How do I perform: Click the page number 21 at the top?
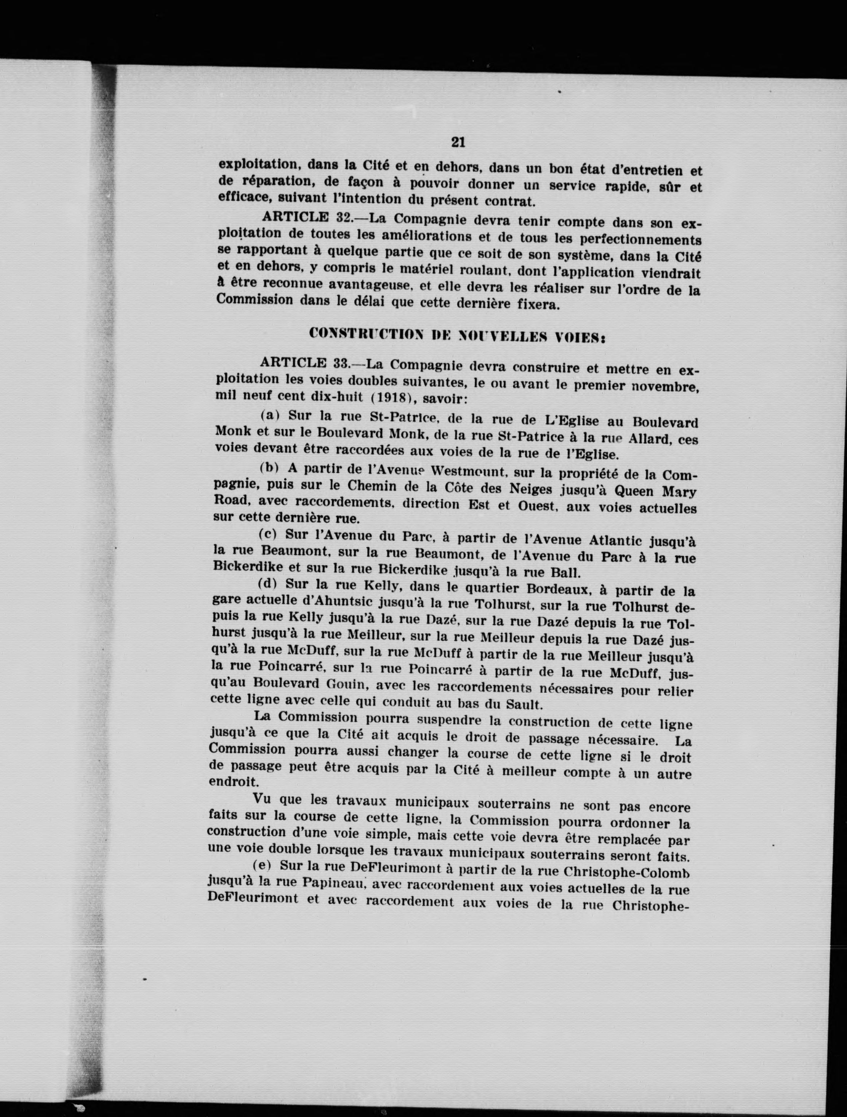pos(458,142)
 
